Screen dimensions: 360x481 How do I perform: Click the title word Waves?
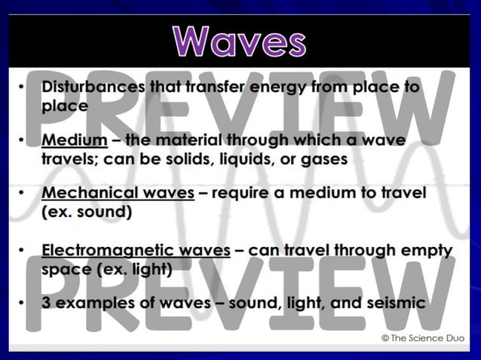[240, 41]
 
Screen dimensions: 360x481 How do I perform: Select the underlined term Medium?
[74, 141]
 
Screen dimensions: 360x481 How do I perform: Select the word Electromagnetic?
[104, 250]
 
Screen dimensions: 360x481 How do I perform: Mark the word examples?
[92, 303]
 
